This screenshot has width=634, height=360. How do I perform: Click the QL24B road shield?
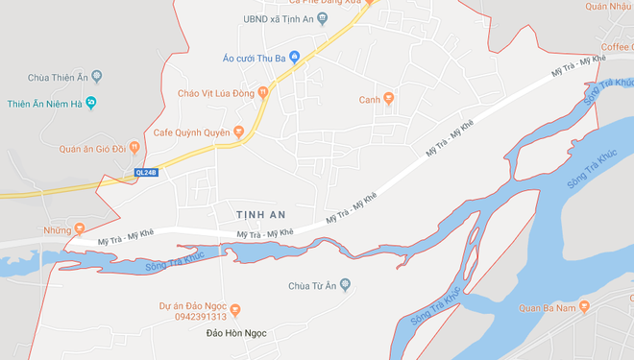point(145,173)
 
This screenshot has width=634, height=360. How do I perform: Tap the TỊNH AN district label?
point(262,211)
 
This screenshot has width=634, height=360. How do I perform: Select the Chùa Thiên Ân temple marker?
point(96,77)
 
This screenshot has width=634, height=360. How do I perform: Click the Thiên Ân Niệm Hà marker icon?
point(91,103)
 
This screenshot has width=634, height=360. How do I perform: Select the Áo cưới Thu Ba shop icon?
point(295,57)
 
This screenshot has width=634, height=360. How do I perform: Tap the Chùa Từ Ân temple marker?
point(346,285)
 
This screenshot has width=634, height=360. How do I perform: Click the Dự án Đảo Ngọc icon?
point(237,308)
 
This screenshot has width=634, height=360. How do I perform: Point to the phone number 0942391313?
point(201,317)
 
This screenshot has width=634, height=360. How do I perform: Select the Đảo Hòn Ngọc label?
point(235,333)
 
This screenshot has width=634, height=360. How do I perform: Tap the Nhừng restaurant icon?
point(79,230)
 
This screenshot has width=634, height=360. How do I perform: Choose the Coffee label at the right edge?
point(618,46)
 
